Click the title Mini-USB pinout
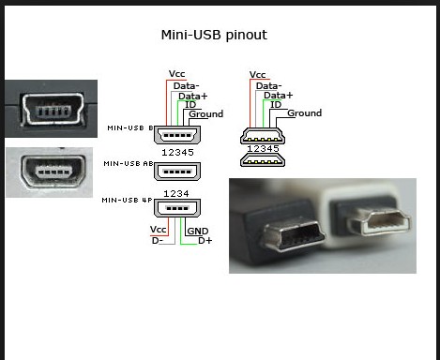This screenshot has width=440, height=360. pyautogui.click(x=214, y=35)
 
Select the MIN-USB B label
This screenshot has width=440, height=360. pyautogui.click(x=130, y=127)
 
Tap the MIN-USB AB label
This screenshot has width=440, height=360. pyautogui.click(x=129, y=163)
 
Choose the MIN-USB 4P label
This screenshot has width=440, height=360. pyautogui.click(x=127, y=200)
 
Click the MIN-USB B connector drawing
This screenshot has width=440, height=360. pyautogui.click(x=177, y=135)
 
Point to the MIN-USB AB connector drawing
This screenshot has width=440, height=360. pyautogui.click(x=177, y=172)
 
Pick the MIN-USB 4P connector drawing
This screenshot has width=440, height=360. pyautogui.click(x=177, y=208)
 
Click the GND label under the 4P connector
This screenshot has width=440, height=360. pyautogui.click(x=198, y=232)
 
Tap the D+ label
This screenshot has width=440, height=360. pyautogui.click(x=205, y=241)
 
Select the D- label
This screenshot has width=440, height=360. pyautogui.click(x=158, y=241)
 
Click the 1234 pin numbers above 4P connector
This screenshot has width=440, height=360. pyautogui.click(x=176, y=194)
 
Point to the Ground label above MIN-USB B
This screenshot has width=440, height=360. pyautogui.click(x=206, y=114)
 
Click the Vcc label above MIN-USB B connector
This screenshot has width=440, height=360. pyautogui.click(x=176, y=74)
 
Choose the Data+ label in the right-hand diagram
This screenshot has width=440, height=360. pyautogui.click(x=279, y=96)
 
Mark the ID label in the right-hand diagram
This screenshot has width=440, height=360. pyautogui.click(x=276, y=105)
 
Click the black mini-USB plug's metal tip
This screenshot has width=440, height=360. pyautogui.click(x=294, y=234)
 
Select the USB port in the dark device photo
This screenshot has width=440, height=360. pyautogui.click(x=53, y=110)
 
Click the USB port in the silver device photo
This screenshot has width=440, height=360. pyautogui.click(x=53, y=171)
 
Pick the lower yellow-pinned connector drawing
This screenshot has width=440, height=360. pyautogui.click(x=263, y=160)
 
